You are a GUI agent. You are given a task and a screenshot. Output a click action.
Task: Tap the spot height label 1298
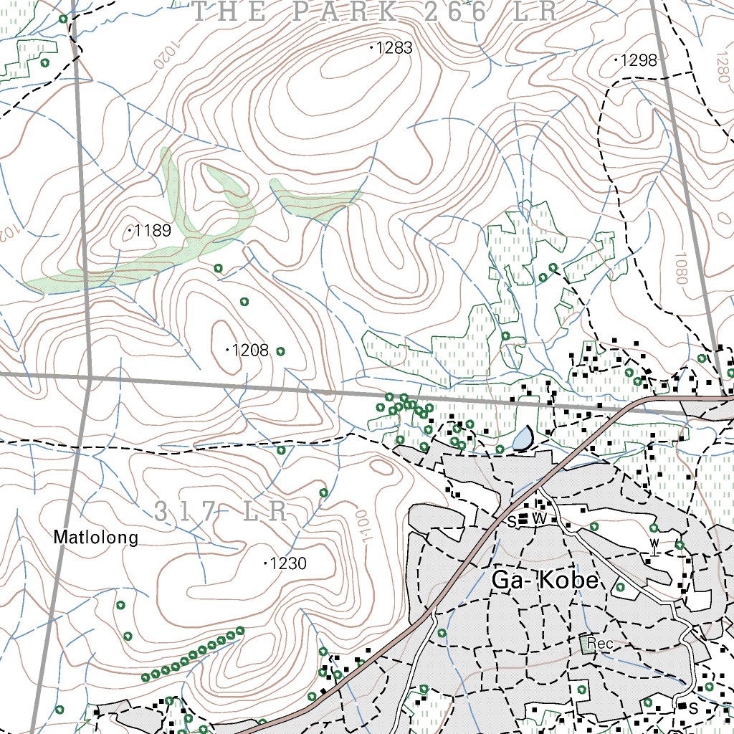pos(639,61)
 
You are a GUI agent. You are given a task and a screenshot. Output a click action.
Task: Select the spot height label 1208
pos(251,351)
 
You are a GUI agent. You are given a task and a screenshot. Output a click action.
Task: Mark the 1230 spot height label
pos(288,564)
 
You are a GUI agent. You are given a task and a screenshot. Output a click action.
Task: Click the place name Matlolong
pos(96,538)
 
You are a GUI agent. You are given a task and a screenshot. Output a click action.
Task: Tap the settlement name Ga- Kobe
pos(545,581)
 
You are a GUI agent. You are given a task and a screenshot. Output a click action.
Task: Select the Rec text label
pos(600,644)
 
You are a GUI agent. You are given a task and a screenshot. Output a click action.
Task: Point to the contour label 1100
pos(361,527)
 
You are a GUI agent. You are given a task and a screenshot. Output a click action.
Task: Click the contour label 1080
pos(682,267)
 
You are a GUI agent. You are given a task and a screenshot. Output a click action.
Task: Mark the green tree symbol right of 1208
pos(280,351)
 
